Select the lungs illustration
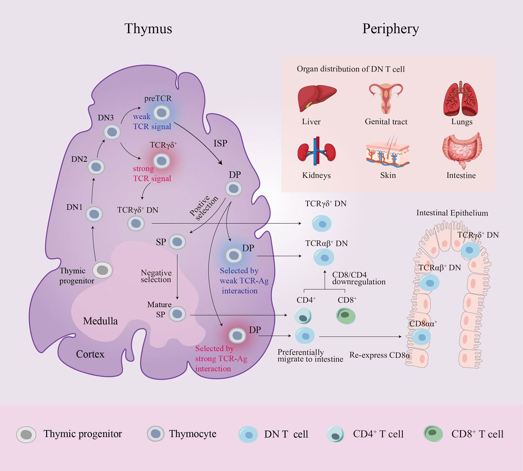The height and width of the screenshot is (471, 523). pos(462,99)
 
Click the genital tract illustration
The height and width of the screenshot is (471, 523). pos(386,99)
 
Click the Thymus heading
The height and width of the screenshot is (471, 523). pos(148,29)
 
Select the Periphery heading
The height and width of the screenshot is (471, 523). pos(391,29)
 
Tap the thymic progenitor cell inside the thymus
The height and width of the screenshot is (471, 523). pos(102,270)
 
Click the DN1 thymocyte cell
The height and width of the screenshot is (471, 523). pos(94,214)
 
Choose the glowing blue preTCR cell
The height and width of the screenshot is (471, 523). pos(162,113)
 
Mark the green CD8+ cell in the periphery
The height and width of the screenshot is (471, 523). pos(346,315)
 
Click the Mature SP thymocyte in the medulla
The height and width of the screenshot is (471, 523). pos(177,314)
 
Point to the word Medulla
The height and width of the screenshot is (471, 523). pos(100,321)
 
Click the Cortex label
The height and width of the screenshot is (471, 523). pos(90,354)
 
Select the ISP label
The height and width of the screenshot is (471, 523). pos(220,143)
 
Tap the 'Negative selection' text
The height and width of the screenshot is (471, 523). pos(156,276)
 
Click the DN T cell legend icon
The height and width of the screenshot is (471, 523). pos(248,434)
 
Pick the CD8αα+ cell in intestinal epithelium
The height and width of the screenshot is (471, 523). pos(421,337)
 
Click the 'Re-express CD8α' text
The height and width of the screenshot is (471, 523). pos(380,355)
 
